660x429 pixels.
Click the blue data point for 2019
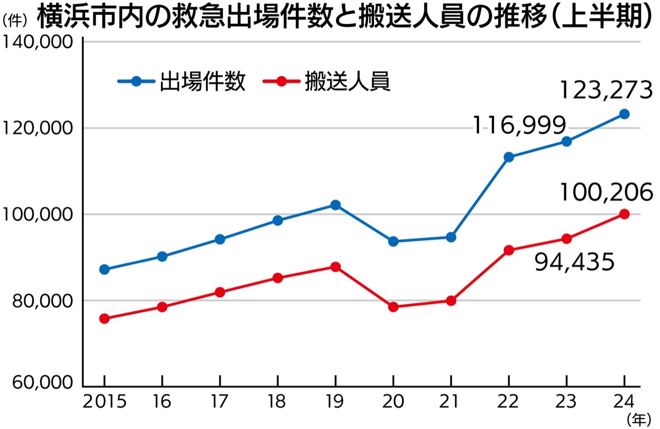pos(335,205)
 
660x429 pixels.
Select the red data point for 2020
pos(393,307)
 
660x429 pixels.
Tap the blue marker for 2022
pos(509,157)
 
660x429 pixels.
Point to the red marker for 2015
pos(105,319)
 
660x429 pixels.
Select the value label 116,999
pos(520,126)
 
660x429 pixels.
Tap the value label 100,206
pos(606,192)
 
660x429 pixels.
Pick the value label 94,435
pos(574,263)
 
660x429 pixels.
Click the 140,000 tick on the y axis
pos(38,43)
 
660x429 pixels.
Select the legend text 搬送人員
pos(347,82)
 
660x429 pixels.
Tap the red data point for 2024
pos(624,214)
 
